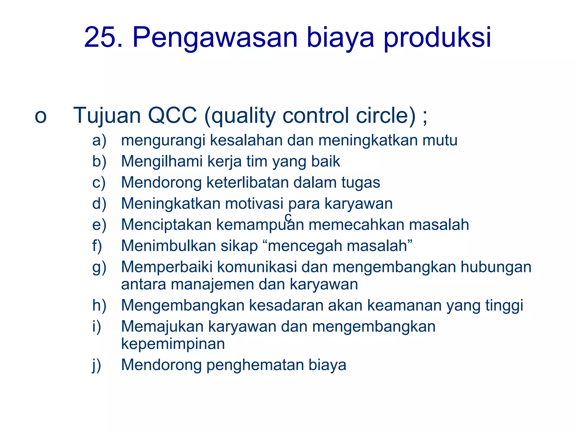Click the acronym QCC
[172, 115]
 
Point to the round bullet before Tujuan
[40, 116]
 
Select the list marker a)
[99, 140]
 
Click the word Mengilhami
[162, 162]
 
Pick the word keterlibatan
[247, 182]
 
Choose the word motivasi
[254, 203]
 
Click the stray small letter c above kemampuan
[288, 217]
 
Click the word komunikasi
[257, 267]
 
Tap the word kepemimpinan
[173, 344]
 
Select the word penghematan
[255, 365]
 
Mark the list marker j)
[96, 365]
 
